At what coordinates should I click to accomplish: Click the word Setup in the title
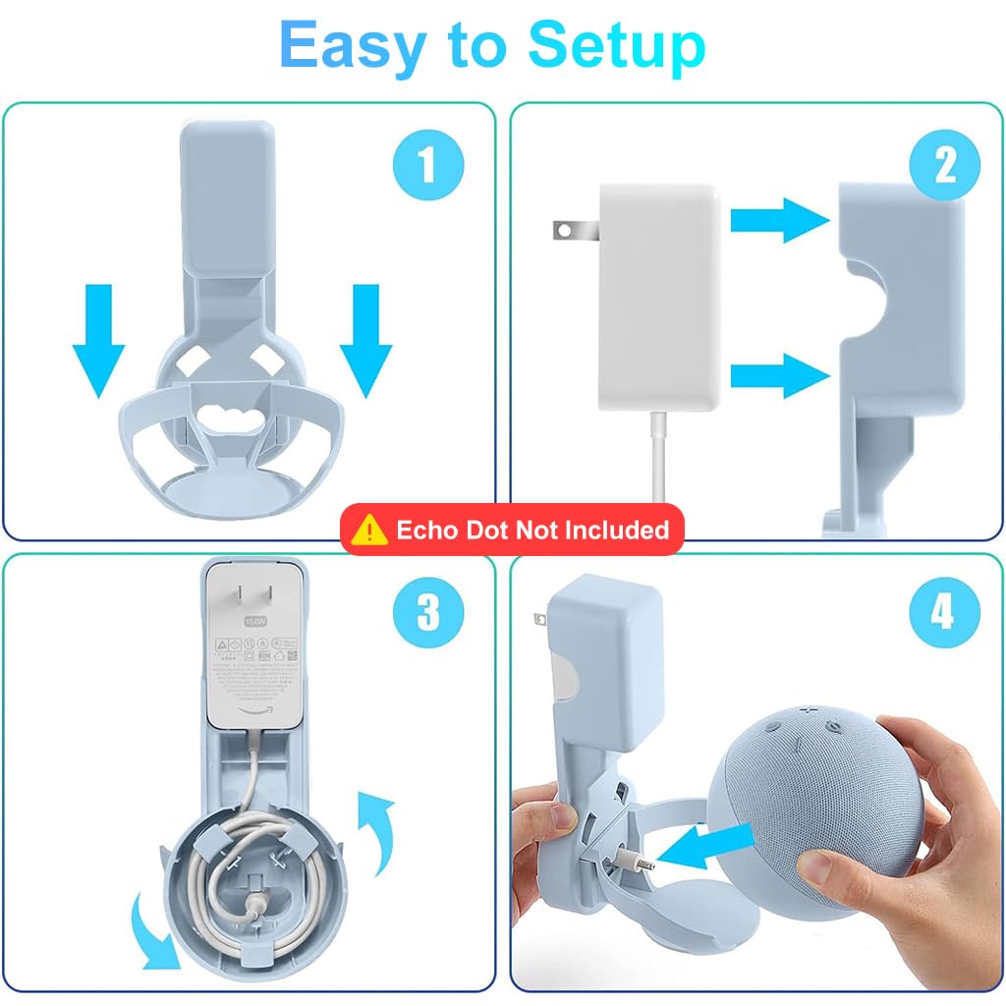point(616,44)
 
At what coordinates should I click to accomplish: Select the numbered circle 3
point(427,613)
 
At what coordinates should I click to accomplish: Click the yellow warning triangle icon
point(369,531)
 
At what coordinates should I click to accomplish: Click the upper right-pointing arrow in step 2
point(781,221)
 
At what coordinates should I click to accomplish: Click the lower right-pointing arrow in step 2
point(781,373)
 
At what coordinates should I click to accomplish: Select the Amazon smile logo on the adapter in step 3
point(252,713)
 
